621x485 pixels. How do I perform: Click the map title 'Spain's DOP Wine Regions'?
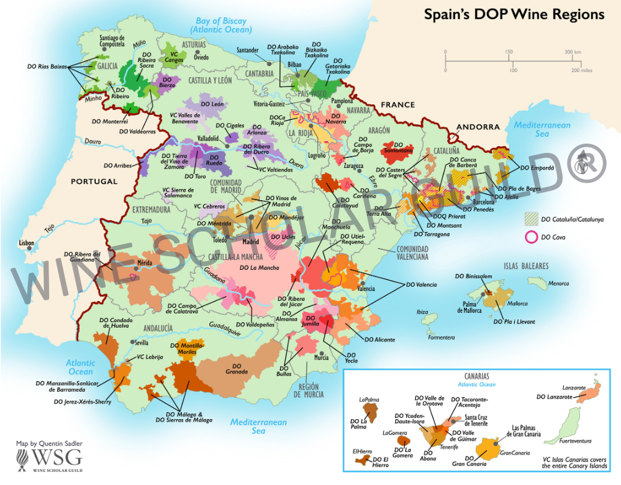(x=514, y=14)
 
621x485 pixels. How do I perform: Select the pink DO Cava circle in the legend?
(x=531, y=236)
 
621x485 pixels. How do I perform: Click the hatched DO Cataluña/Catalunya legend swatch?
(x=531, y=219)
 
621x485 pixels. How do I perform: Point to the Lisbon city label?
(x=27, y=242)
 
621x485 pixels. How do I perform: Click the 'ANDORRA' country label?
(x=478, y=127)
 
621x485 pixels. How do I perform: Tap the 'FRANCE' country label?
(x=397, y=105)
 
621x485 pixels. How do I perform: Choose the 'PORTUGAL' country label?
(x=94, y=182)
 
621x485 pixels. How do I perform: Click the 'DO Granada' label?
(x=236, y=369)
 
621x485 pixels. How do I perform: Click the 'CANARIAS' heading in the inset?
(x=476, y=376)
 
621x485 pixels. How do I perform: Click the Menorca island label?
(x=558, y=284)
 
